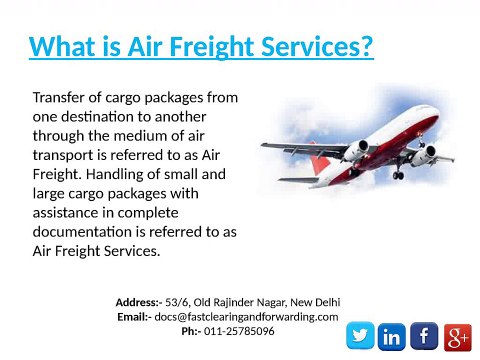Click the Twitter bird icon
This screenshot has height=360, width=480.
(x=362, y=337)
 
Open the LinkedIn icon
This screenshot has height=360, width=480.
(x=393, y=337)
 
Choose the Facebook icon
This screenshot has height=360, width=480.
(x=424, y=337)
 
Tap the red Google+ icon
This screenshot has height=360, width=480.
(x=456, y=337)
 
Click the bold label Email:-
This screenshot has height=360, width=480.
(x=133, y=316)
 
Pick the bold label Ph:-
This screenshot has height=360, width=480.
(x=190, y=330)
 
